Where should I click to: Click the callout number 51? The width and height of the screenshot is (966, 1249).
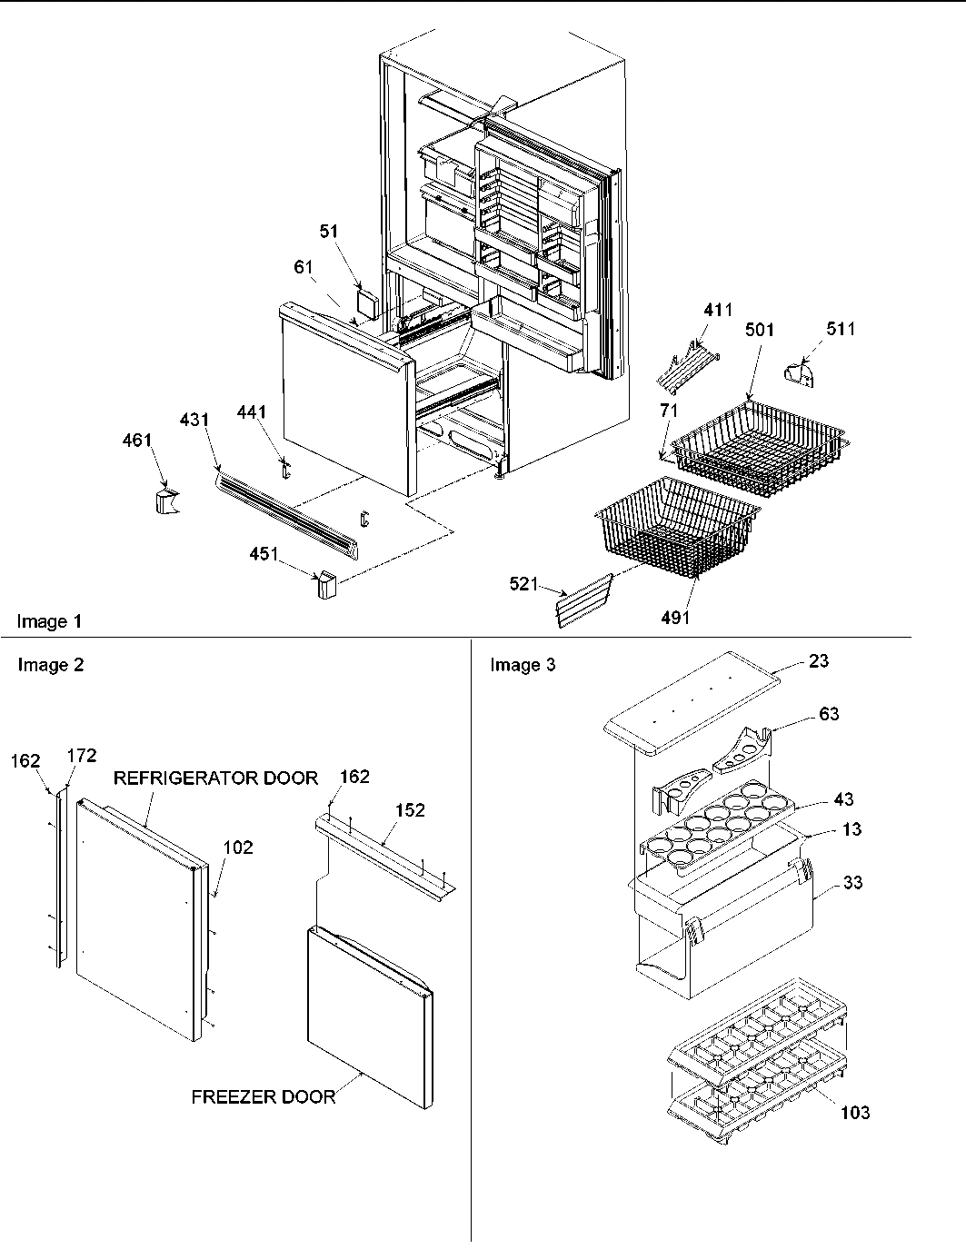click(328, 232)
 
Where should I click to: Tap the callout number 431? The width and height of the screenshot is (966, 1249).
click(194, 420)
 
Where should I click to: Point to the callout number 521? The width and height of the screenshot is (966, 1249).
click(524, 586)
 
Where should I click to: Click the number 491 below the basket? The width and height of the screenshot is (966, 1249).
click(675, 618)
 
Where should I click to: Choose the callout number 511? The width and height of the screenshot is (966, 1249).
click(841, 330)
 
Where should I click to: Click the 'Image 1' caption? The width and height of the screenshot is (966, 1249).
click(49, 622)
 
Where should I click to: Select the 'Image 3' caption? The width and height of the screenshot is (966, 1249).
click(523, 665)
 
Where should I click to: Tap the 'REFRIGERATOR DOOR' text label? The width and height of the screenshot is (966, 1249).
click(215, 778)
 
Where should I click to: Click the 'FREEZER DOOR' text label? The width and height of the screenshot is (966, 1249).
click(264, 1096)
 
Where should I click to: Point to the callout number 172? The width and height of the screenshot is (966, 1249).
click(83, 756)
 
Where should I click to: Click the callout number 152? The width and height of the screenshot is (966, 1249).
click(410, 810)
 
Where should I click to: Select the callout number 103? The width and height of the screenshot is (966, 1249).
click(854, 1112)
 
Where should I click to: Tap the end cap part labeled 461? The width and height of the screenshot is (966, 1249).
click(165, 501)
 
